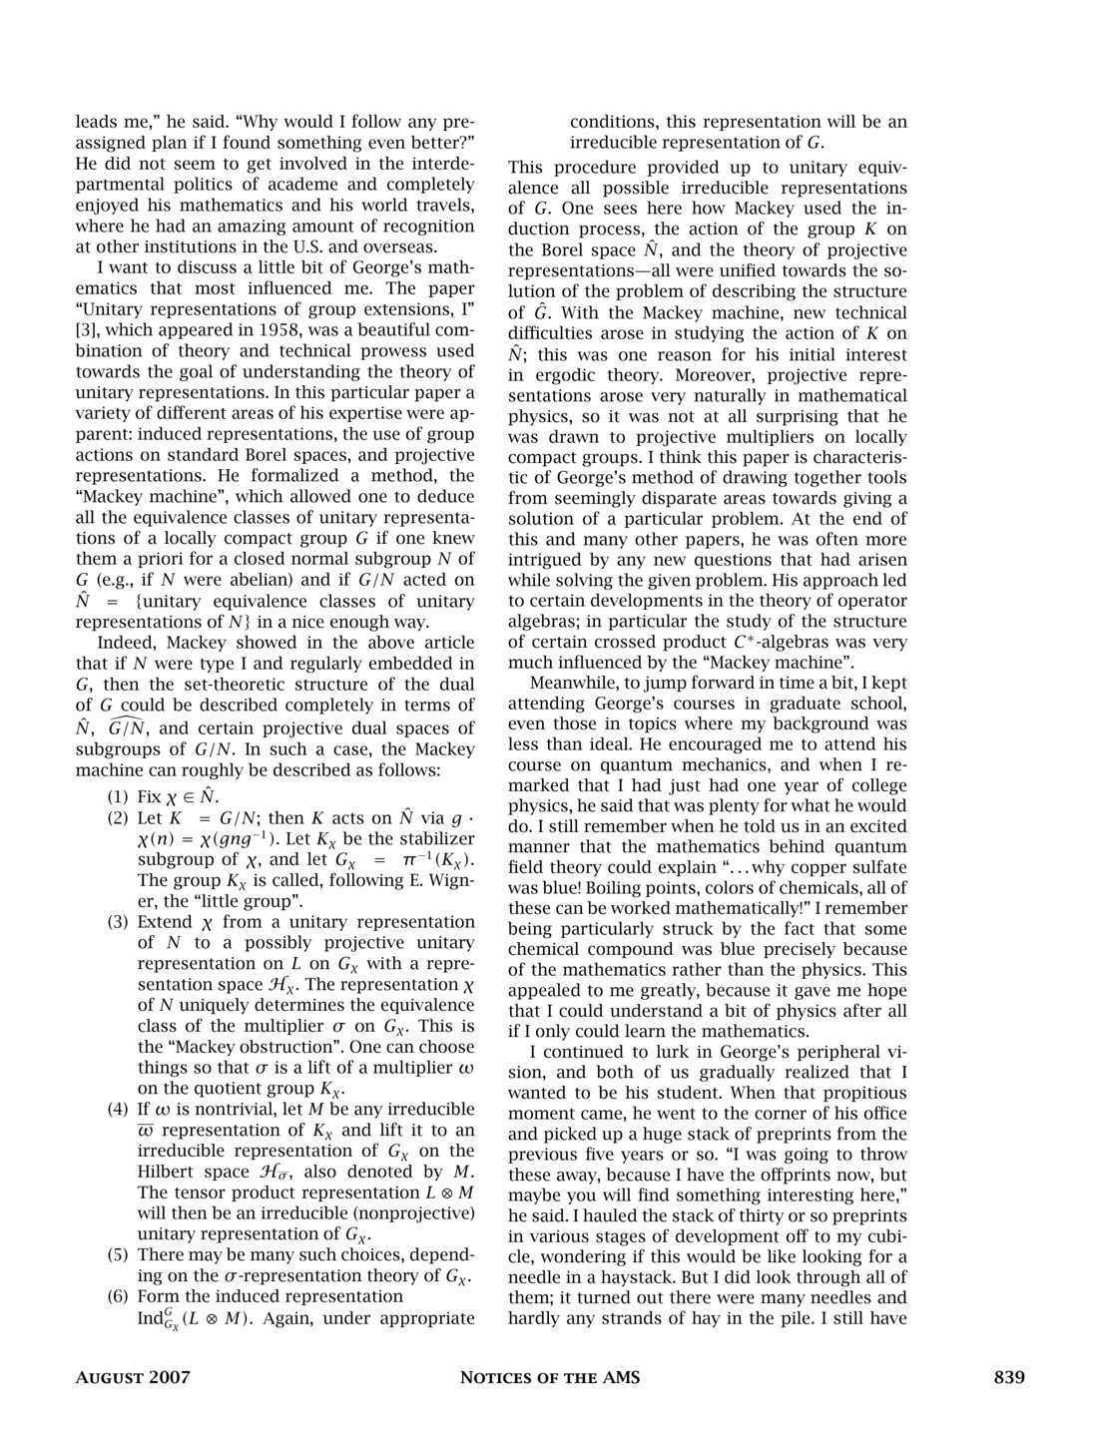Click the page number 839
coord(1009,1378)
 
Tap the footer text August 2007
coord(134,1378)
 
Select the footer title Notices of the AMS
coord(549,1378)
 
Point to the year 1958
coord(281,330)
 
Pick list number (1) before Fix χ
coord(119,796)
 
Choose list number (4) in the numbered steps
coord(119,1109)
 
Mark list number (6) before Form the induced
coord(119,1296)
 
